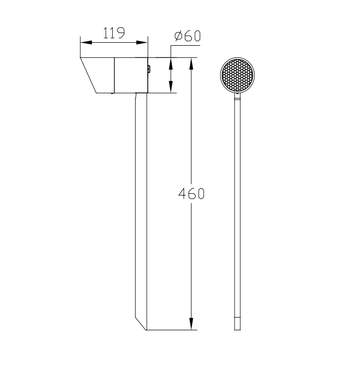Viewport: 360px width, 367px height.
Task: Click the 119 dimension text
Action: pyautogui.click(x=114, y=33)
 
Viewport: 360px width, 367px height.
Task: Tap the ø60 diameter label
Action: pyautogui.click(x=187, y=36)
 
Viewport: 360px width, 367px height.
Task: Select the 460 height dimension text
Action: pyautogui.click(x=191, y=194)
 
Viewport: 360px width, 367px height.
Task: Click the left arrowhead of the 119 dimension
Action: pyautogui.click(x=86, y=42)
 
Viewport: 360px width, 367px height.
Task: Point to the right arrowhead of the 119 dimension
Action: pyautogui.click(x=142, y=42)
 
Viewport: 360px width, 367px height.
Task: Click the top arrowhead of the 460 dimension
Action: pyautogui.click(x=191, y=64)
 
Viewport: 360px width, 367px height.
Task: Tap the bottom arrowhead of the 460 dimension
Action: pyautogui.click(x=191, y=324)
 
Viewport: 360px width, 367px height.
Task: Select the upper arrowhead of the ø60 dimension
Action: pyautogui.click(x=171, y=64)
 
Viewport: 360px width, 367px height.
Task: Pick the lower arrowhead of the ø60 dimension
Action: pyautogui.click(x=171, y=87)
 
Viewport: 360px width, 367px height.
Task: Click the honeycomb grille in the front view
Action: pyautogui.click(x=237, y=75)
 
